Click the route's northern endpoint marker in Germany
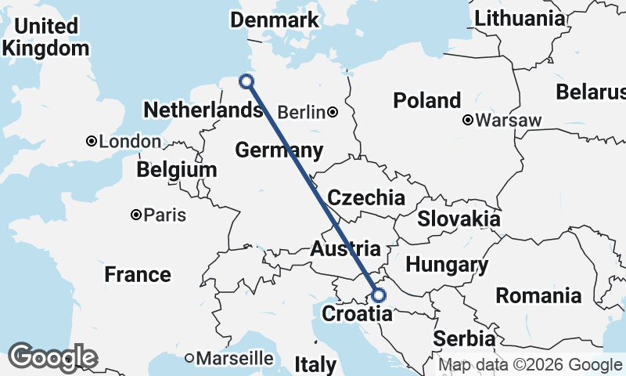(246, 81)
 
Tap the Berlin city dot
(333, 112)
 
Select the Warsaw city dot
(467, 121)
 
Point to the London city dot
(92, 142)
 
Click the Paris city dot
(136, 214)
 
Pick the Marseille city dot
(189, 358)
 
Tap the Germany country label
(279, 150)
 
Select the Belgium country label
(176, 170)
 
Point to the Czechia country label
(366, 197)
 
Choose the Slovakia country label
(459, 219)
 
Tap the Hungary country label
(447, 264)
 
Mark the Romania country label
(538, 295)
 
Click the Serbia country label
(465, 338)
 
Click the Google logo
(52, 357)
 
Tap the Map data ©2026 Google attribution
(529, 364)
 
